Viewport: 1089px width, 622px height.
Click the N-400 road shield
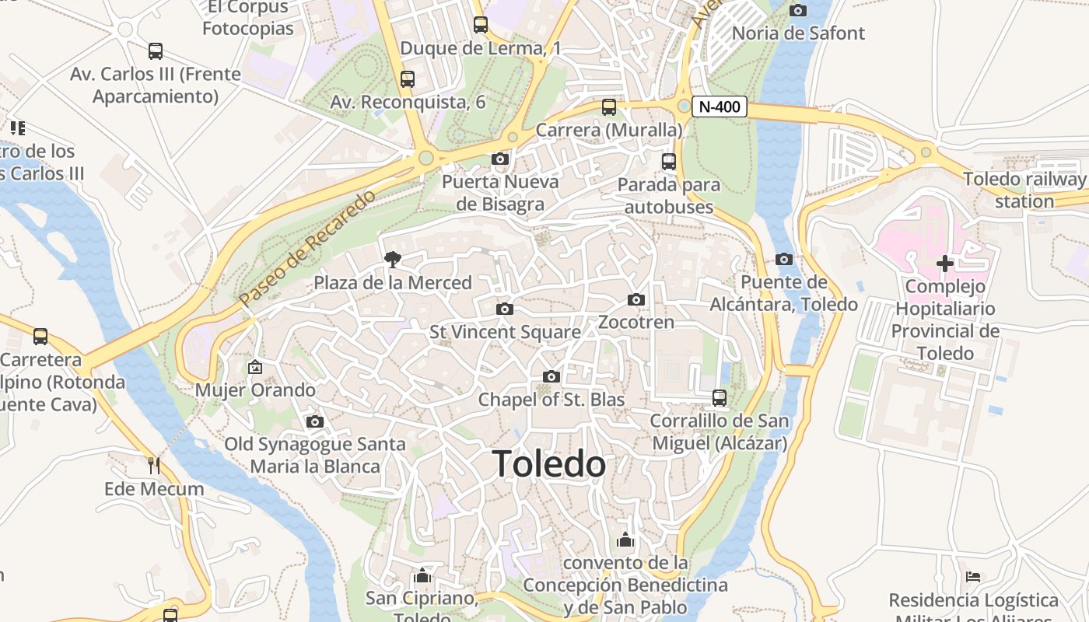coord(719,107)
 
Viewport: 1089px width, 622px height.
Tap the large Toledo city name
coord(549,464)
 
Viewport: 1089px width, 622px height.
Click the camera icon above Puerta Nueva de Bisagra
coord(500,159)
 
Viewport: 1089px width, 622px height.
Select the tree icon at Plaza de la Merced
coord(393,260)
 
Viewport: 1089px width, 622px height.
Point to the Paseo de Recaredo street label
coord(307,247)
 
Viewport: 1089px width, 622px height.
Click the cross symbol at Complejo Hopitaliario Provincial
coord(945,264)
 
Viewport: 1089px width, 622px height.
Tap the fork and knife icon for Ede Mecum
coord(154,466)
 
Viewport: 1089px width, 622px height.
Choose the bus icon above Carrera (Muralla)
coord(609,107)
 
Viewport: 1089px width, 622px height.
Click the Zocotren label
coord(636,322)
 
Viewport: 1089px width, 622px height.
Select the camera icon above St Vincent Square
coord(505,309)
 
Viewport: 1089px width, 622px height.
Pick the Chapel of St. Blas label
coord(551,400)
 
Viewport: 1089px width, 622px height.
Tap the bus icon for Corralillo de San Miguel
coord(720,398)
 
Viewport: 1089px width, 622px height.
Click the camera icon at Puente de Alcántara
coord(784,260)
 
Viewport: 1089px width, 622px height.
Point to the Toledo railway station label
coord(1024,190)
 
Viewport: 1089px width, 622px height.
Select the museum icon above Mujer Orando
coord(255,367)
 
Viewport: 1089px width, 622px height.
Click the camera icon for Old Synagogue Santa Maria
coord(315,421)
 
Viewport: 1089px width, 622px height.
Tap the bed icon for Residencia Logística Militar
coord(973,577)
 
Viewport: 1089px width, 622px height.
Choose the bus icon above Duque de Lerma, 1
coord(481,25)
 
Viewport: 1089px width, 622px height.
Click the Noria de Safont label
coord(798,33)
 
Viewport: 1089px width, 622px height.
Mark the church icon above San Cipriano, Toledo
coord(422,575)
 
